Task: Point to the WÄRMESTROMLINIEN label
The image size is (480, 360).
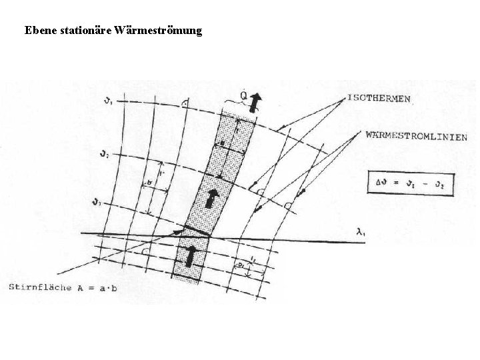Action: click(x=416, y=136)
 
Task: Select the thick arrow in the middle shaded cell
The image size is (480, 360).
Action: click(x=212, y=198)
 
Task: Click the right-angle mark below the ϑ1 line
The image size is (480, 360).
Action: click(x=184, y=104)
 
